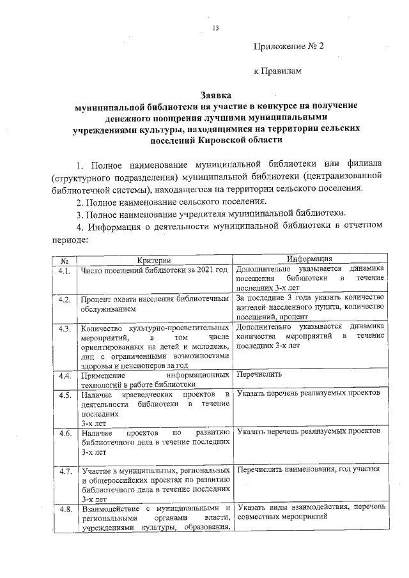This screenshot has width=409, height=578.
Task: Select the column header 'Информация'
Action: [x=309, y=259]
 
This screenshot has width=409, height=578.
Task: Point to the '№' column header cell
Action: [x=64, y=261]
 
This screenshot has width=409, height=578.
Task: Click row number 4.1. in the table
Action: [x=64, y=270]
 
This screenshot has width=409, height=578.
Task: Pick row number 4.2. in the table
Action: [x=64, y=299]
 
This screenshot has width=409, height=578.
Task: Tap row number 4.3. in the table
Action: [x=64, y=328]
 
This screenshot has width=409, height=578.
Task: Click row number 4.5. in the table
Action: [x=64, y=395]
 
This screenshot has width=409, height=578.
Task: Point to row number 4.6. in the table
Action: [x=64, y=433]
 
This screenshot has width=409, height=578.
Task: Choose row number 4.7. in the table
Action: [x=64, y=472]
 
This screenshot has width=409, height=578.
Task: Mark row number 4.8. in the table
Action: [x=64, y=509]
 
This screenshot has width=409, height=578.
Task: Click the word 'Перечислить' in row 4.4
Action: [x=259, y=375]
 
